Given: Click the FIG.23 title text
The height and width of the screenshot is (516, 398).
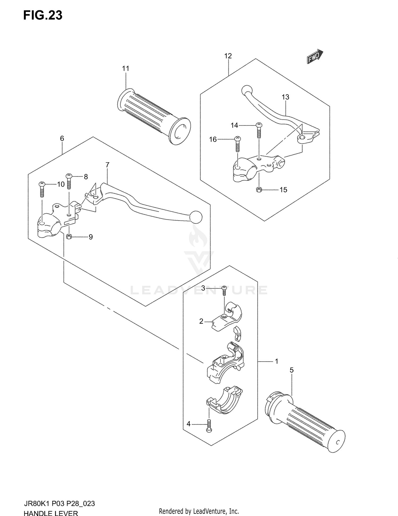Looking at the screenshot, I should coord(43,16).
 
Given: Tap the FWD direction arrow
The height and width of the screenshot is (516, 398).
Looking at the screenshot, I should coord(315,56).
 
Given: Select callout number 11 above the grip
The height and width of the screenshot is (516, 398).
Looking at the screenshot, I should coord(126,69).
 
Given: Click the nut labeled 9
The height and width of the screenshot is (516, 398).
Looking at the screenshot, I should coord(69,236).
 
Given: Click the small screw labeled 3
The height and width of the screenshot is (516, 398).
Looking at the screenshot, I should coord(224,290).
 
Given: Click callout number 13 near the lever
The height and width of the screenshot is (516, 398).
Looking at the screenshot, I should coord(285,97).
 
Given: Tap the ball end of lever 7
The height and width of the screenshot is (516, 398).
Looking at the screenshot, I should coord(196,217).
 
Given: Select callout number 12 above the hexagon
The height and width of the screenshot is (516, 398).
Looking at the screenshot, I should coord(228,56).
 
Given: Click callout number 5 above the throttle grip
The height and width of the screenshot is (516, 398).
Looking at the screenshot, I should coord(292,370).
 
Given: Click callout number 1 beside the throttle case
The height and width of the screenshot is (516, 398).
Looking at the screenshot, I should coord(276,361).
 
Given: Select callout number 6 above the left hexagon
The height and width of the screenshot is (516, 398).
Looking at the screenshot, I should coord(62,138).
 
